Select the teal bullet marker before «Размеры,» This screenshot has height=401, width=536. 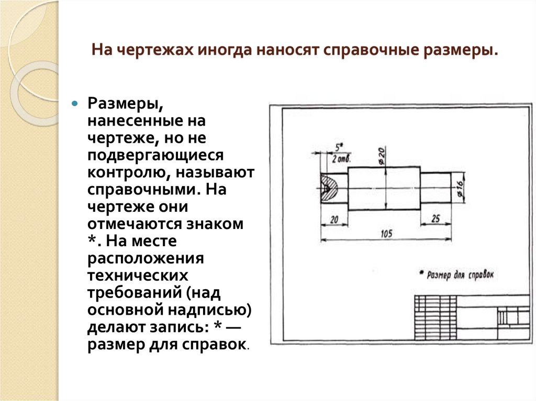[75, 103]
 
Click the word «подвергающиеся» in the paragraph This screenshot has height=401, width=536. [155, 156]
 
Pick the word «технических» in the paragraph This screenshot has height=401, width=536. [138, 274]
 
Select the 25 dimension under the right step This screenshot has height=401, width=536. [435, 220]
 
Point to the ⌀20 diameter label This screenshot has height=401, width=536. [381, 155]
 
